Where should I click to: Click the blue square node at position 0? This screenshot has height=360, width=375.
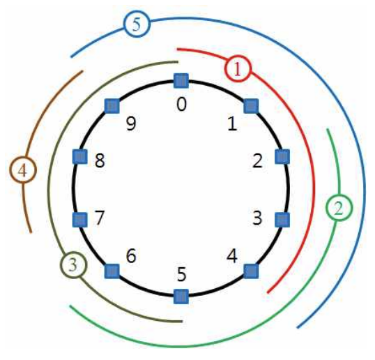pos(181,81)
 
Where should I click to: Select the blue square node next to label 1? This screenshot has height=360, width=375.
pos(251,106)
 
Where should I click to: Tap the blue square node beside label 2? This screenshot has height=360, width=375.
pos(282,156)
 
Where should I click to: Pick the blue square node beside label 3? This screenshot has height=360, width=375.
pos(282,220)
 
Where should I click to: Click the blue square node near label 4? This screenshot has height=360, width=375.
pos(251,271)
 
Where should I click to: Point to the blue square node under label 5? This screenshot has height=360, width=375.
pos(181,297)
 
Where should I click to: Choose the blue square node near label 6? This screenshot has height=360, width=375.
pos(112,271)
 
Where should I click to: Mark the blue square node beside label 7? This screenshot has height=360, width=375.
pos(79,220)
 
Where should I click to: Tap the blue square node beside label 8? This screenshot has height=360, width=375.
pos(79,156)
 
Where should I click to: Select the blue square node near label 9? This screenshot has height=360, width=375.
pos(112,106)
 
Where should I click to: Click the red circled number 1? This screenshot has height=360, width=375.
pos(238,68)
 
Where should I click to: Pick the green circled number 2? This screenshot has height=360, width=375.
pos(339,208)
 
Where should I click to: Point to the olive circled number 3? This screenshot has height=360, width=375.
pos(73,265)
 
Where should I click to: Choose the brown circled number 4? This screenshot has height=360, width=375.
pos(23,170)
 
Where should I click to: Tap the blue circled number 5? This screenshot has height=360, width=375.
pos(137,24)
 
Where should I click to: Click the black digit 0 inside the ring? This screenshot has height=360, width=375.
pos(181,105)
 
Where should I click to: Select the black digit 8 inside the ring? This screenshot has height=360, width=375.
pos(100,160)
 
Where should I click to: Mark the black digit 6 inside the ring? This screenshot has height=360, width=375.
pos(131,256)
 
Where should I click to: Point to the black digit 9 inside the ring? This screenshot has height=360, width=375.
pos(131,123)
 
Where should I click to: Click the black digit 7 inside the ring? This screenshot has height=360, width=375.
pos(100,218)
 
